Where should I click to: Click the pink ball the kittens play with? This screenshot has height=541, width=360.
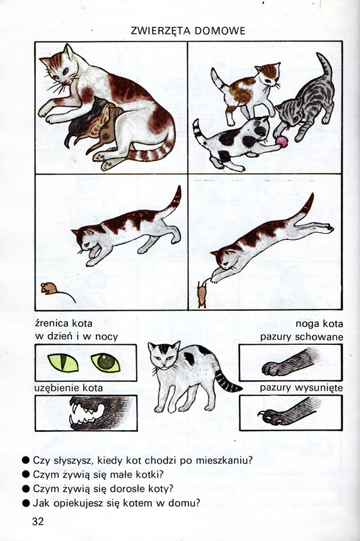coord(282,142)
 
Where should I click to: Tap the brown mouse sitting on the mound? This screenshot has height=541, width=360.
coord(49,288)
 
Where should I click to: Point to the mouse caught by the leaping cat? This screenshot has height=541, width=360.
coord(202,294)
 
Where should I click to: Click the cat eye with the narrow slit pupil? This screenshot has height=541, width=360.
coord(63,363)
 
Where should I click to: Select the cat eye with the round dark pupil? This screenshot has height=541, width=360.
coord(106,363)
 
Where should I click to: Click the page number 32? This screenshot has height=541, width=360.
coord(38,521)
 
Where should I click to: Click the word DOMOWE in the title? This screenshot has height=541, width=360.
coord(220,31)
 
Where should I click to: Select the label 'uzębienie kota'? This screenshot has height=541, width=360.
coord(68,388)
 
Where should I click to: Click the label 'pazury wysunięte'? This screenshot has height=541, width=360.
coord(301,388)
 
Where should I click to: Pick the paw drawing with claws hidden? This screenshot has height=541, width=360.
coord(290,363)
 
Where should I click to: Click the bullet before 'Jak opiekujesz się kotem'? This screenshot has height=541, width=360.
coord(26,503)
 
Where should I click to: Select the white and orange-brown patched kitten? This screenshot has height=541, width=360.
coord(247,91)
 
